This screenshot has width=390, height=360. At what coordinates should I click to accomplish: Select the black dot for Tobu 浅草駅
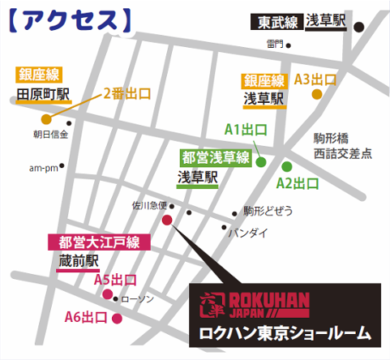click(x=359, y=26)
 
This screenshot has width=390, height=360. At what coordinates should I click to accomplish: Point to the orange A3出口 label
click(x=315, y=79)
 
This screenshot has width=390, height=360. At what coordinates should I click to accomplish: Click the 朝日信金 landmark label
click(x=50, y=134)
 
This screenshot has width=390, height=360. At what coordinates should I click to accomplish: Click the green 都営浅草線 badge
click(x=215, y=156)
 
